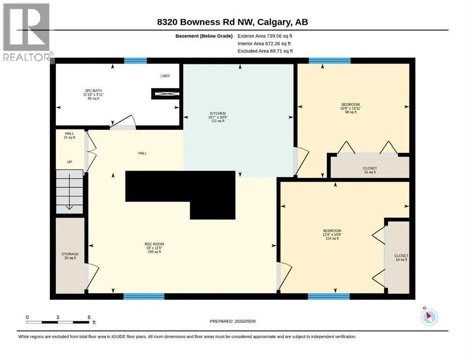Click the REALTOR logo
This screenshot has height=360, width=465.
click(x=27, y=32)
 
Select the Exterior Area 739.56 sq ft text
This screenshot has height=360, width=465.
click(x=265, y=36)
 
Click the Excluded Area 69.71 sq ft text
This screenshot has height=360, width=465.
click(x=265, y=51)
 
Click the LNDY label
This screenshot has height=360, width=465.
click(x=165, y=76)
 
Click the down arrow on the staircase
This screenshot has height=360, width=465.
click(x=69, y=192)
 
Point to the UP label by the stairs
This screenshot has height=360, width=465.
click(x=69, y=162)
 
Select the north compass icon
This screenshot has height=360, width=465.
click(x=429, y=317)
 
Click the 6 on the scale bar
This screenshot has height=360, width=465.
click(x=89, y=317)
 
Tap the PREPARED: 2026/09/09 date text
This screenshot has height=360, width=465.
click(x=232, y=321)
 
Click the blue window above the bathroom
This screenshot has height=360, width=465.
click(x=135, y=61)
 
